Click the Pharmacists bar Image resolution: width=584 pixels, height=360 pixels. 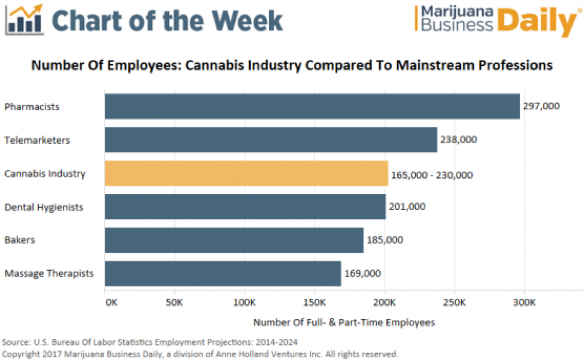tap(311, 107)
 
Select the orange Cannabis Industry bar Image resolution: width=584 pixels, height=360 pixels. tap(246, 174)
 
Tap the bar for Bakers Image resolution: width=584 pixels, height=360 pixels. tap(234, 240)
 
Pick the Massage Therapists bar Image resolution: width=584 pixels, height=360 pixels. tap(223, 274)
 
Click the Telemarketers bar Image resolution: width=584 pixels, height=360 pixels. tap(271, 140)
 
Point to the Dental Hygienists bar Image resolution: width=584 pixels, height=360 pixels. tap(245, 207)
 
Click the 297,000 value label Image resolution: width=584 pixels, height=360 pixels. tap(541, 107)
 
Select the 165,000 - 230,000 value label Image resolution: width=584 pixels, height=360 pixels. tap(432, 175)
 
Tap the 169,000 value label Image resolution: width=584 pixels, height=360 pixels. tap(362, 274)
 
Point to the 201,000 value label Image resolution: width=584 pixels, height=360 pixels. tap(407, 207)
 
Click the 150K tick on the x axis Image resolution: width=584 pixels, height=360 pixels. tap(314, 301)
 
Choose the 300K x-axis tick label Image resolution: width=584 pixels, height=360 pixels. tap(525, 301)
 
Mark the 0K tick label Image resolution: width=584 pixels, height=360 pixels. tap(111, 301)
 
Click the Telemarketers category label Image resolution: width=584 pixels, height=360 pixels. tap(37, 140)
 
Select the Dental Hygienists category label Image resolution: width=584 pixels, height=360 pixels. tap(44, 207)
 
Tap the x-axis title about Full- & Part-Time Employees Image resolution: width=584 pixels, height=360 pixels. tap(344, 322)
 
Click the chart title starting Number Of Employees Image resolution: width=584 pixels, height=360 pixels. tap(292, 65)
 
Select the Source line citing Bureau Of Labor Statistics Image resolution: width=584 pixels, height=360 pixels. tap(150, 342)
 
